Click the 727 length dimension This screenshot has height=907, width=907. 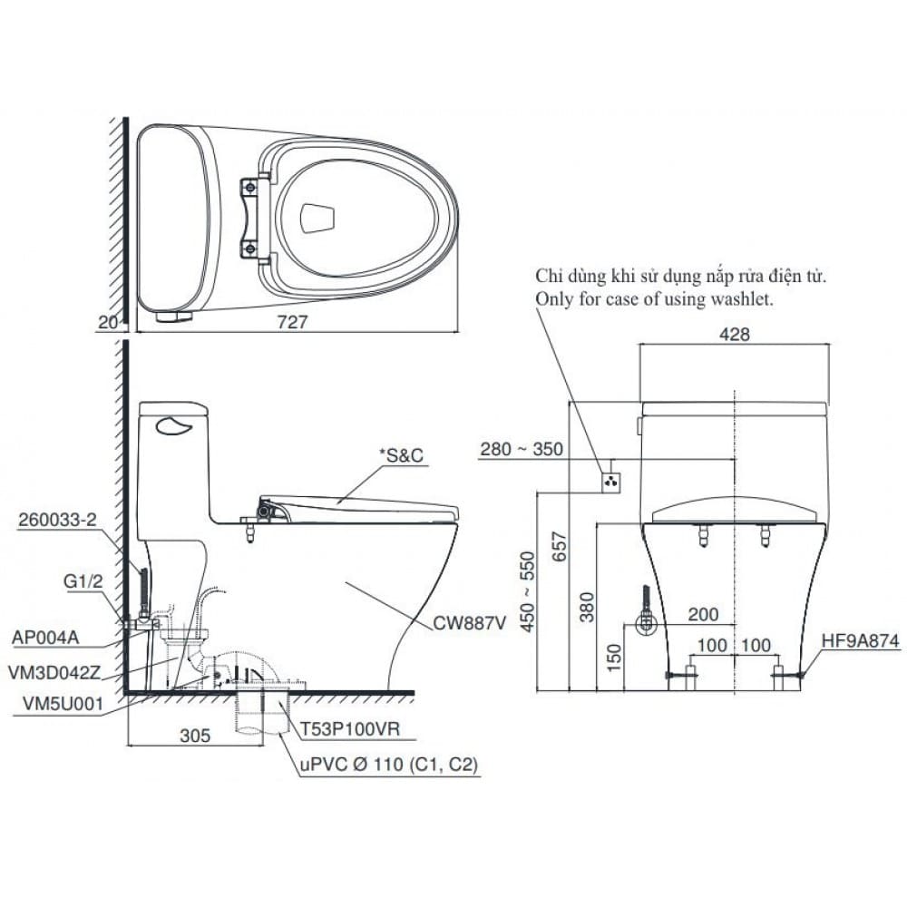pyautogui.click(x=296, y=321)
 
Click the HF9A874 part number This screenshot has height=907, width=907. pyautogui.click(x=860, y=641)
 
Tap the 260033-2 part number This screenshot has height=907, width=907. pyautogui.click(x=57, y=518)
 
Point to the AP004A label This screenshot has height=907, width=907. pyautogui.click(x=46, y=637)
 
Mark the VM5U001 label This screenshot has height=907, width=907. pyautogui.click(x=54, y=703)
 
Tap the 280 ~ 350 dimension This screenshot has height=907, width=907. pyautogui.click(x=522, y=449)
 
